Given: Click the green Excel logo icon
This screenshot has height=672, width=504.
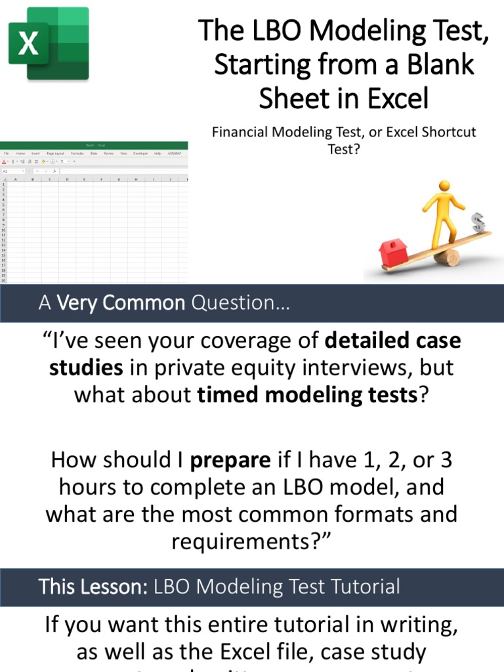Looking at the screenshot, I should pyautogui.click(x=49, y=43).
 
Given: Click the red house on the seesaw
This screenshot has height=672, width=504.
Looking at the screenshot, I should pyautogui.click(x=393, y=252).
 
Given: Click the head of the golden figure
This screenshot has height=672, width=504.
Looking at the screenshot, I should pyautogui.click(x=445, y=186).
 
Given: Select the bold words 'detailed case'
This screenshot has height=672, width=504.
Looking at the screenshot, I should pyautogui.click(x=393, y=341).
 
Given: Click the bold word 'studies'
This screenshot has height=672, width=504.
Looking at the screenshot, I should pyautogui.click(x=86, y=367).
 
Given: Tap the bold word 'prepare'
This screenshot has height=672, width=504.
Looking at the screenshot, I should pyautogui.click(x=230, y=460).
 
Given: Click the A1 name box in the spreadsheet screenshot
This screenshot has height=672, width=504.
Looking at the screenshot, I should pyautogui.click(x=13, y=171).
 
